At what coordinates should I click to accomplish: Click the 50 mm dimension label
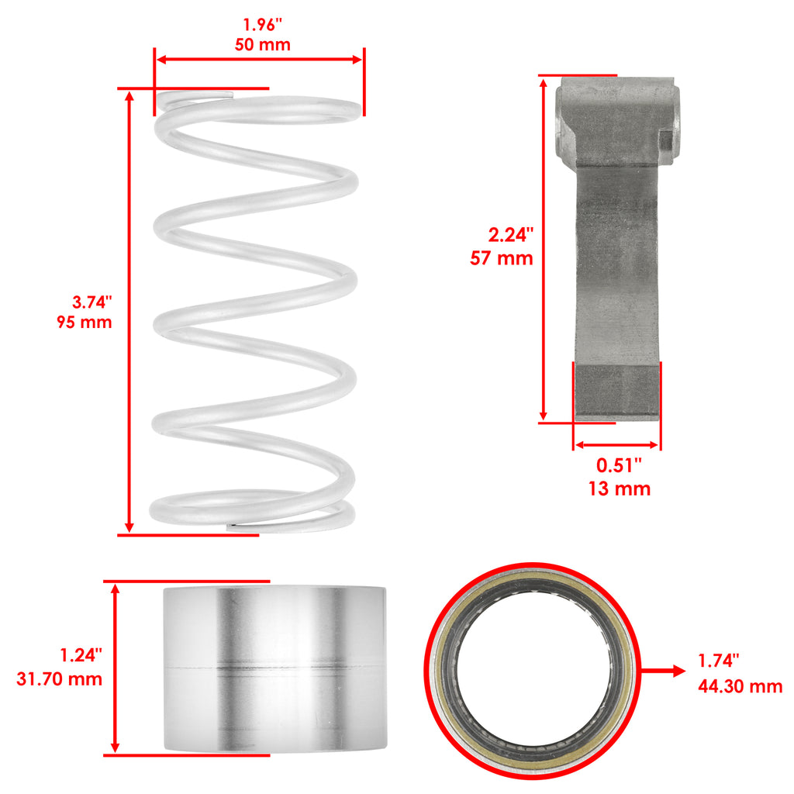(262, 44)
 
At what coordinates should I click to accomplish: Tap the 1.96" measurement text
(262, 25)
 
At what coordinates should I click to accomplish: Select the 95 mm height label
(84, 322)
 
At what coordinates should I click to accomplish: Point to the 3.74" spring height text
(91, 302)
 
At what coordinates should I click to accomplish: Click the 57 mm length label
(502, 258)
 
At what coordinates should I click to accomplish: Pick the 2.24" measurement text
(510, 235)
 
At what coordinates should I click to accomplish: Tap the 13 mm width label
(620, 488)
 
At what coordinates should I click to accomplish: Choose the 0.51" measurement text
(619, 465)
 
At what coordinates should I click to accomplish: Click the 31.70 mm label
(59, 679)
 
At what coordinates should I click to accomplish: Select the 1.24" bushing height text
(81, 655)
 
